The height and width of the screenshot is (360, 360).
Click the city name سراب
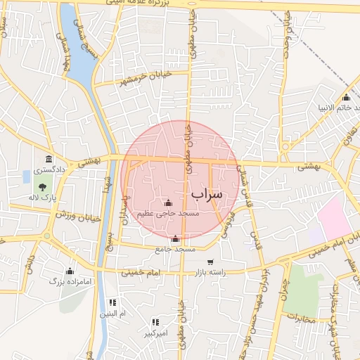click(206, 193)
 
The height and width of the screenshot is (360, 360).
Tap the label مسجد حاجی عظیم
click(168, 212)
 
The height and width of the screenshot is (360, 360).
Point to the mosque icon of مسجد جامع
click(175, 239)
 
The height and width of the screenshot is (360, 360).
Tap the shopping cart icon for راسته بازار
click(229, 262)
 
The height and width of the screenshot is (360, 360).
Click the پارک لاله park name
click(42, 199)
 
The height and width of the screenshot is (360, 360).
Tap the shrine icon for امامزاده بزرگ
click(69, 271)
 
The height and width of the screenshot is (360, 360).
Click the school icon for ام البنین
click(112, 302)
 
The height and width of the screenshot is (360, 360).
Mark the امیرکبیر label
click(155, 333)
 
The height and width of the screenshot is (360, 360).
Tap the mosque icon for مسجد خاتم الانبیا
click(346, 97)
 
